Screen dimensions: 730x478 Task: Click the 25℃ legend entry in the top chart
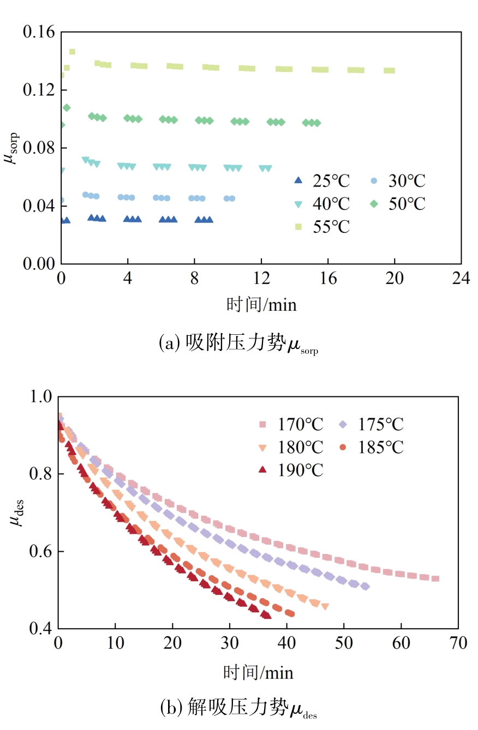pos(322,181)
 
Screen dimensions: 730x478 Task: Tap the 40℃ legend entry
pos(322,204)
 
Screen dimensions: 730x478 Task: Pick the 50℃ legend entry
pos(398,204)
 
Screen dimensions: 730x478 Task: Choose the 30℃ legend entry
pos(398,181)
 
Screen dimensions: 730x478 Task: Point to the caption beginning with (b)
pos(238,708)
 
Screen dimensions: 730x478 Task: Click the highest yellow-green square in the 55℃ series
pos(72,52)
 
